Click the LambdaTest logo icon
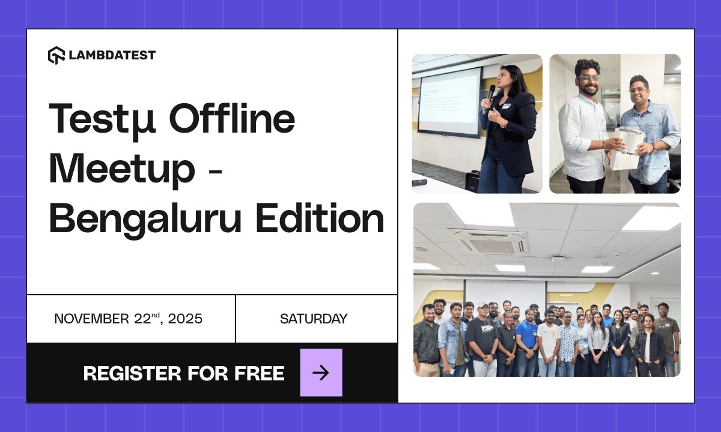pos(56,55)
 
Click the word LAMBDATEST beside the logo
pos(112,55)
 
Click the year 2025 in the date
pos(185,319)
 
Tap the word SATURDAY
pos(314,319)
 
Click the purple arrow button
pos(321,373)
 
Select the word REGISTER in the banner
pos(132,373)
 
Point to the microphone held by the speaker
pos(491,92)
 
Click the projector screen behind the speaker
pos(449,101)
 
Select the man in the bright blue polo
pos(526,339)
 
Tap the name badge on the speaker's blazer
pos(507,106)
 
